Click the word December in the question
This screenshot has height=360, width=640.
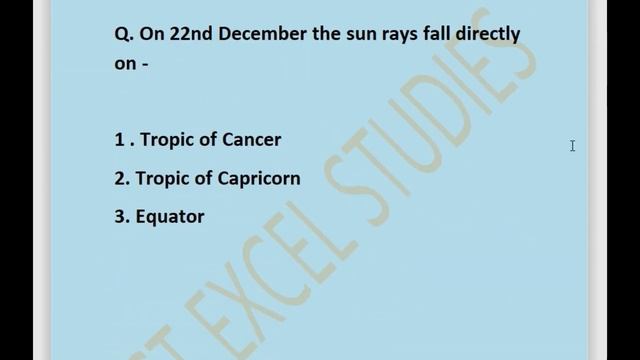click(x=251, y=34)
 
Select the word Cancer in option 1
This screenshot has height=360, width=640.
click(x=251, y=140)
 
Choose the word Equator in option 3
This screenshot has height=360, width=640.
click(x=171, y=216)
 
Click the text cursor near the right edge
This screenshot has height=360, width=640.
click(x=572, y=146)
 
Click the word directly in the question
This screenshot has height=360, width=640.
click(x=487, y=34)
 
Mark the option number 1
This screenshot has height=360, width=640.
click(x=119, y=140)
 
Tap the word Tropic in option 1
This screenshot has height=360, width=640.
click(x=168, y=140)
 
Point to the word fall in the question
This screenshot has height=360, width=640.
click(x=434, y=34)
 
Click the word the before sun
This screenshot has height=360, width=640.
click(x=318, y=34)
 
